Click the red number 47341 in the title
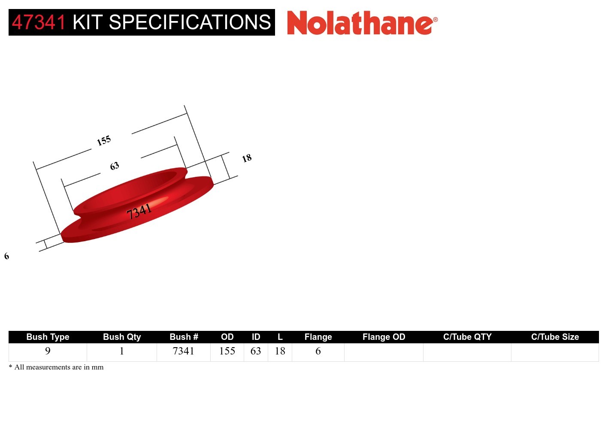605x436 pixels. pyautogui.click(x=39, y=22)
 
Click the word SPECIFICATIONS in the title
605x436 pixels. pyautogui.click(x=190, y=22)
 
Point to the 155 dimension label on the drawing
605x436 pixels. pyautogui.click(x=104, y=140)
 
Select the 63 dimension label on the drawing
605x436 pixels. pyautogui.click(x=114, y=166)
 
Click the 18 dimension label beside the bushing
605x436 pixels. pyautogui.click(x=247, y=158)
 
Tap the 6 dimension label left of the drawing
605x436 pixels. pyautogui.click(x=6, y=256)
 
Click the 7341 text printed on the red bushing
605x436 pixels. pyautogui.click(x=139, y=211)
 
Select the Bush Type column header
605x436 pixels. pyautogui.click(x=48, y=337)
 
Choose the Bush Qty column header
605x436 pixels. pyautogui.click(x=122, y=337)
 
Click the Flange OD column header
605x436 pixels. pyautogui.click(x=384, y=337)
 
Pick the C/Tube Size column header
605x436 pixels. pyautogui.click(x=555, y=337)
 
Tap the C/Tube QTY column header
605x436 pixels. pyautogui.click(x=467, y=337)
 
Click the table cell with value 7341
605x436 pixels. pyautogui.click(x=183, y=351)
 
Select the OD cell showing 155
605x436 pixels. pyautogui.click(x=227, y=351)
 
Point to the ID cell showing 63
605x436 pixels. pyautogui.click(x=256, y=351)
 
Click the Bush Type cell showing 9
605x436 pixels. pyautogui.click(x=48, y=351)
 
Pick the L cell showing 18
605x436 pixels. pyautogui.click(x=280, y=351)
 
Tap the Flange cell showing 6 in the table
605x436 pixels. pyautogui.click(x=318, y=351)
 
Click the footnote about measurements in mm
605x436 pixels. pyautogui.click(x=56, y=367)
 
